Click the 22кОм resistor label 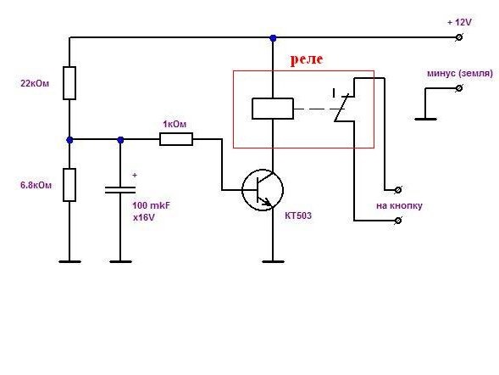tap(35, 83)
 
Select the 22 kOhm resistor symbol tap(69, 83)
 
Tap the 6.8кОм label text tap(36, 185)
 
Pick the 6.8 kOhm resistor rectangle tap(69, 185)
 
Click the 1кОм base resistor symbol tap(176, 139)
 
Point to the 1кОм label tap(175, 124)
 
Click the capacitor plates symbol tap(120, 190)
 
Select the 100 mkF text tap(151, 205)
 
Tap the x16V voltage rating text tap(144, 217)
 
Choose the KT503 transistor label tap(298, 215)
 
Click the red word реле tap(307, 59)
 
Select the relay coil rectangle tap(273, 109)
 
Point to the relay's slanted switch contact tap(341, 108)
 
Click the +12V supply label tap(459, 22)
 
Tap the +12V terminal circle tap(459, 37)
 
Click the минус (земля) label tap(460, 74)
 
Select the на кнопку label tap(399, 206)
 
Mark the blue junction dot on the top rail tap(273, 38)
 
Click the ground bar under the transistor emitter tap(273, 261)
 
